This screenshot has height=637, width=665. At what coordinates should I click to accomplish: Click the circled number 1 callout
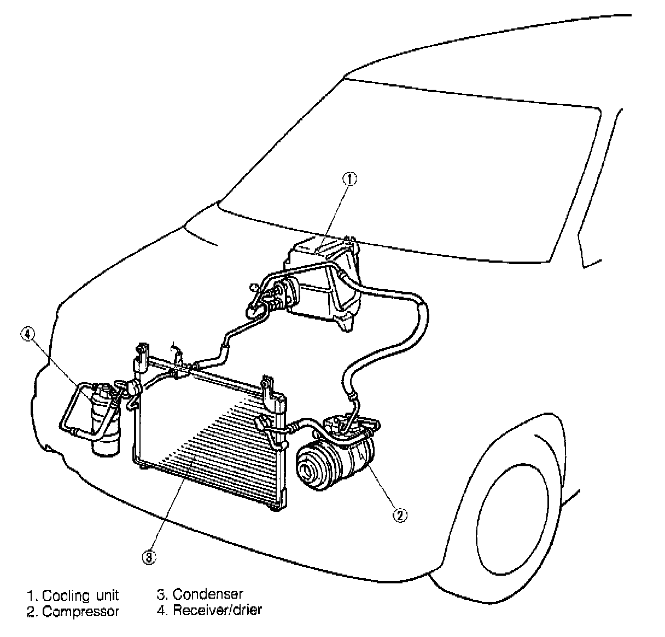pyautogui.click(x=349, y=178)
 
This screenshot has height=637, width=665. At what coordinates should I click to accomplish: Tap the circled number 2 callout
pyautogui.click(x=400, y=514)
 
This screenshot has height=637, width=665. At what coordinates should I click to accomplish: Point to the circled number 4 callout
pyautogui.click(x=28, y=333)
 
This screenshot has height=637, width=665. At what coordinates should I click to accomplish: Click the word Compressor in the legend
pyautogui.click(x=80, y=611)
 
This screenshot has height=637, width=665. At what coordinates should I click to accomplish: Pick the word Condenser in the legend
pyautogui.click(x=208, y=594)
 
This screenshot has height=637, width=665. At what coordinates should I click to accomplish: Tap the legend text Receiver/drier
pyautogui.click(x=217, y=610)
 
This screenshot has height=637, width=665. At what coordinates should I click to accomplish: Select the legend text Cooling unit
pyautogui.click(x=80, y=595)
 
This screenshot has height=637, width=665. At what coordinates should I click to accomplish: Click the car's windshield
pyautogui.click(x=437, y=164)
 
